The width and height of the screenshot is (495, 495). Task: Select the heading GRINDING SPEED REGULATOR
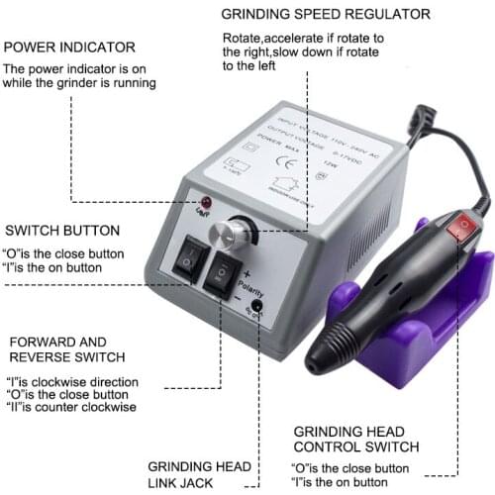tap(325, 15)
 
